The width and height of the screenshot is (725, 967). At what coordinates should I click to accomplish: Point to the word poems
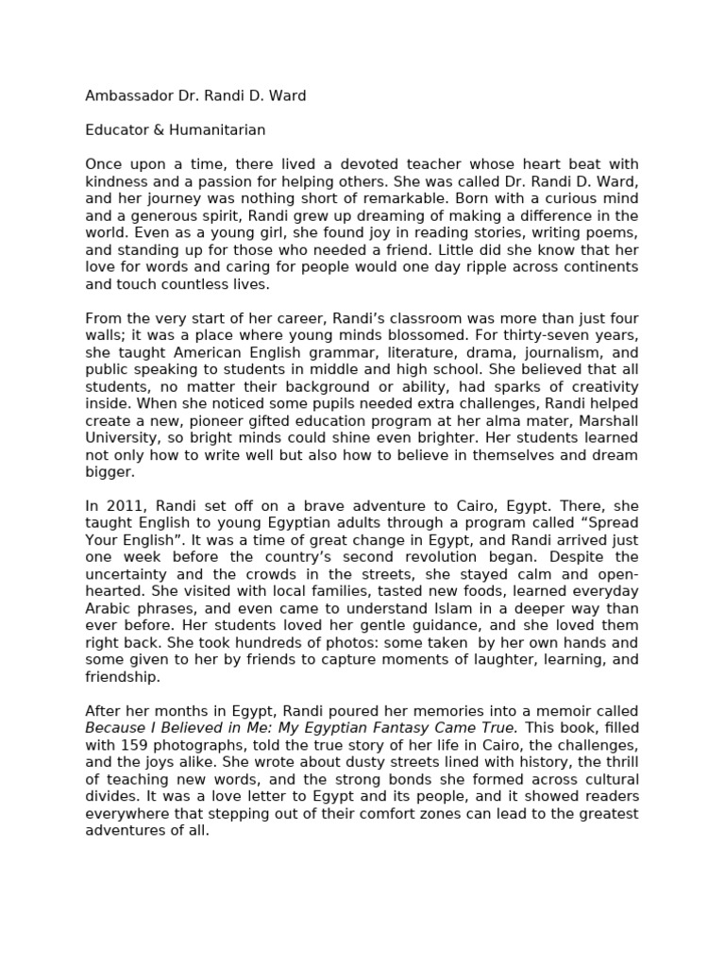coord(610,232)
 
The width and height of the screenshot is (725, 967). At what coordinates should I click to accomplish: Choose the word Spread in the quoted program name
coord(610,522)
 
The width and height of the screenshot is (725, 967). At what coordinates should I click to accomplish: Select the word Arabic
coord(110,607)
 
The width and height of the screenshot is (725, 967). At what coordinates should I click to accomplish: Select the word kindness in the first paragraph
coord(114,181)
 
